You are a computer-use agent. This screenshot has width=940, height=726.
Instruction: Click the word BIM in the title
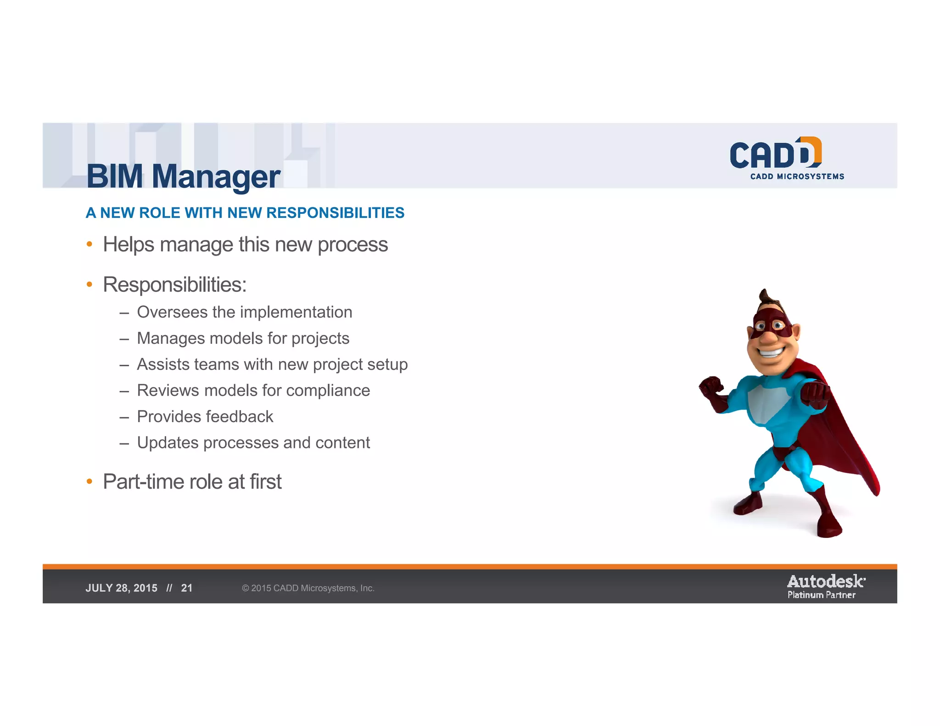tap(115, 176)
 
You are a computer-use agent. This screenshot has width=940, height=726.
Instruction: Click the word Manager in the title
tap(216, 177)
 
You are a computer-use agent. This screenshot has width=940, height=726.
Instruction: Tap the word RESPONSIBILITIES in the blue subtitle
tap(335, 213)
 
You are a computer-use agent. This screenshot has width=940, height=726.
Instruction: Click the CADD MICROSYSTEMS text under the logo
tap(797, 176)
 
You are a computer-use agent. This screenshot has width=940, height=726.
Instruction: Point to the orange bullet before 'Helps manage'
tap(90, 244)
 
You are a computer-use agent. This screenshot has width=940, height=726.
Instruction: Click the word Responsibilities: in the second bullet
tap(174, 285)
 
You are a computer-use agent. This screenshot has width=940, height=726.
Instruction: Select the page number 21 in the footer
tap(187, 588)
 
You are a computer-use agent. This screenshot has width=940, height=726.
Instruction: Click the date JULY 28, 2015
tap(122, 588)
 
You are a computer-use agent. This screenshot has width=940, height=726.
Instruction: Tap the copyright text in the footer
tap(308, 588)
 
